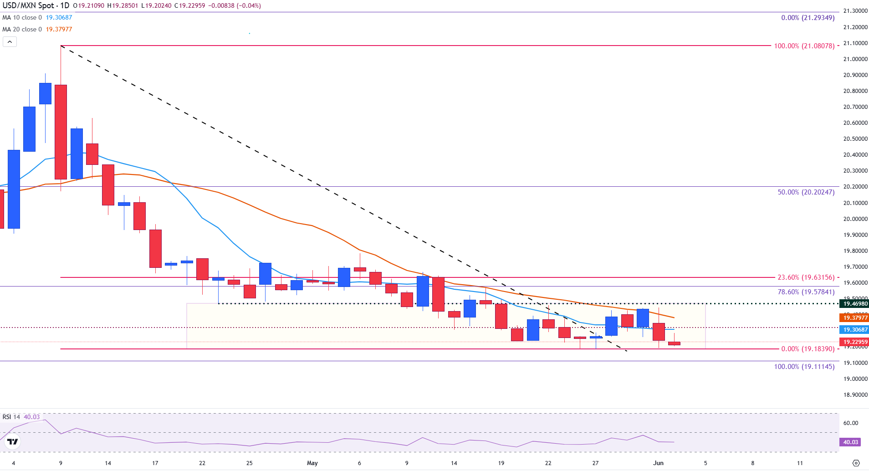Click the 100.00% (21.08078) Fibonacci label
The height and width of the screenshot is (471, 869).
[804, 46]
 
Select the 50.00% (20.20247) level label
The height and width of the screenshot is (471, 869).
[806, 192]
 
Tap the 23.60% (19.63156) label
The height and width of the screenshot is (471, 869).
[806, 277]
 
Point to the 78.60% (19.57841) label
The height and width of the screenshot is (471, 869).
[806, 292]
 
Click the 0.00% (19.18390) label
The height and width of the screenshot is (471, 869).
[808, 349]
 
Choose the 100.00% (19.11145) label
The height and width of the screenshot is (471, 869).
[804, 367]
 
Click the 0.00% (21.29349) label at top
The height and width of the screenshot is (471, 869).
[808, 18]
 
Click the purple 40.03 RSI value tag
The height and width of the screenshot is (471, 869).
[850, 442]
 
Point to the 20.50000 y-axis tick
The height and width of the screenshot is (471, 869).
[855, 139]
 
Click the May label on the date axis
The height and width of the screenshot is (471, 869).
[312, 463]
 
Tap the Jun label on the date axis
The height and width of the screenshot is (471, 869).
[658, 463]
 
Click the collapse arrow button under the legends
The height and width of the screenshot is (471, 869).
[10, 42]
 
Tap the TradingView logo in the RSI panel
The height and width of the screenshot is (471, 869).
[13, 442]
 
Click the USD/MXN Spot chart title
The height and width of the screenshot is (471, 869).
[36, 6]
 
